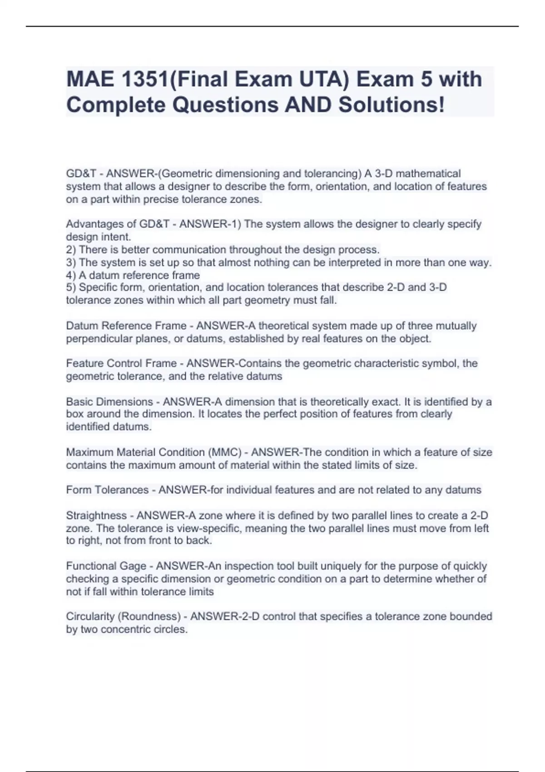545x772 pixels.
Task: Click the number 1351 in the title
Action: coord(144,79)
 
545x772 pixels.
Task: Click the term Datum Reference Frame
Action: coord(126,326)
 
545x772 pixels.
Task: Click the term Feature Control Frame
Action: coord(121,363)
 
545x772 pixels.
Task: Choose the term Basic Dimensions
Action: coord(109,402)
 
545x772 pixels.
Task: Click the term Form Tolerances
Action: coord(107,490)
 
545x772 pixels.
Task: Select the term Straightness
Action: coord(96,516)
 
